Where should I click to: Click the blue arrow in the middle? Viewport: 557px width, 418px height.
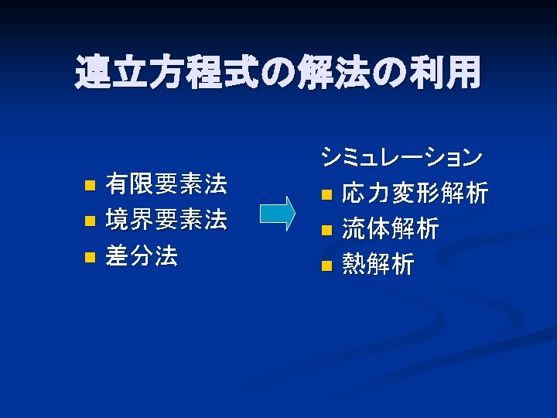(x=278, y=214)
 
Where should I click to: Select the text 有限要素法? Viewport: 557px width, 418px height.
(x=166, y=184)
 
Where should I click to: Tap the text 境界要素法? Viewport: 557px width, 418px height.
(x=166, y=221)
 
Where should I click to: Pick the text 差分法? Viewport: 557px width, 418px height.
(x=142, y=256)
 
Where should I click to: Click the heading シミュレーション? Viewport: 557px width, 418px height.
(x=401, y=157)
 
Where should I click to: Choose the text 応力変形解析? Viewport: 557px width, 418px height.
(x=414, y=193)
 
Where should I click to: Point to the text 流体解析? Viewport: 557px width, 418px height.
(x=390, y=229)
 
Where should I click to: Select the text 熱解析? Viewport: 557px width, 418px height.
(x=378, y=266)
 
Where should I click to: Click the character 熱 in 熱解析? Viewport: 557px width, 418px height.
(x=354, y=266)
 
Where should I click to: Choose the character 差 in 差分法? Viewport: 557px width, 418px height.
(x=118, y=256)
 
